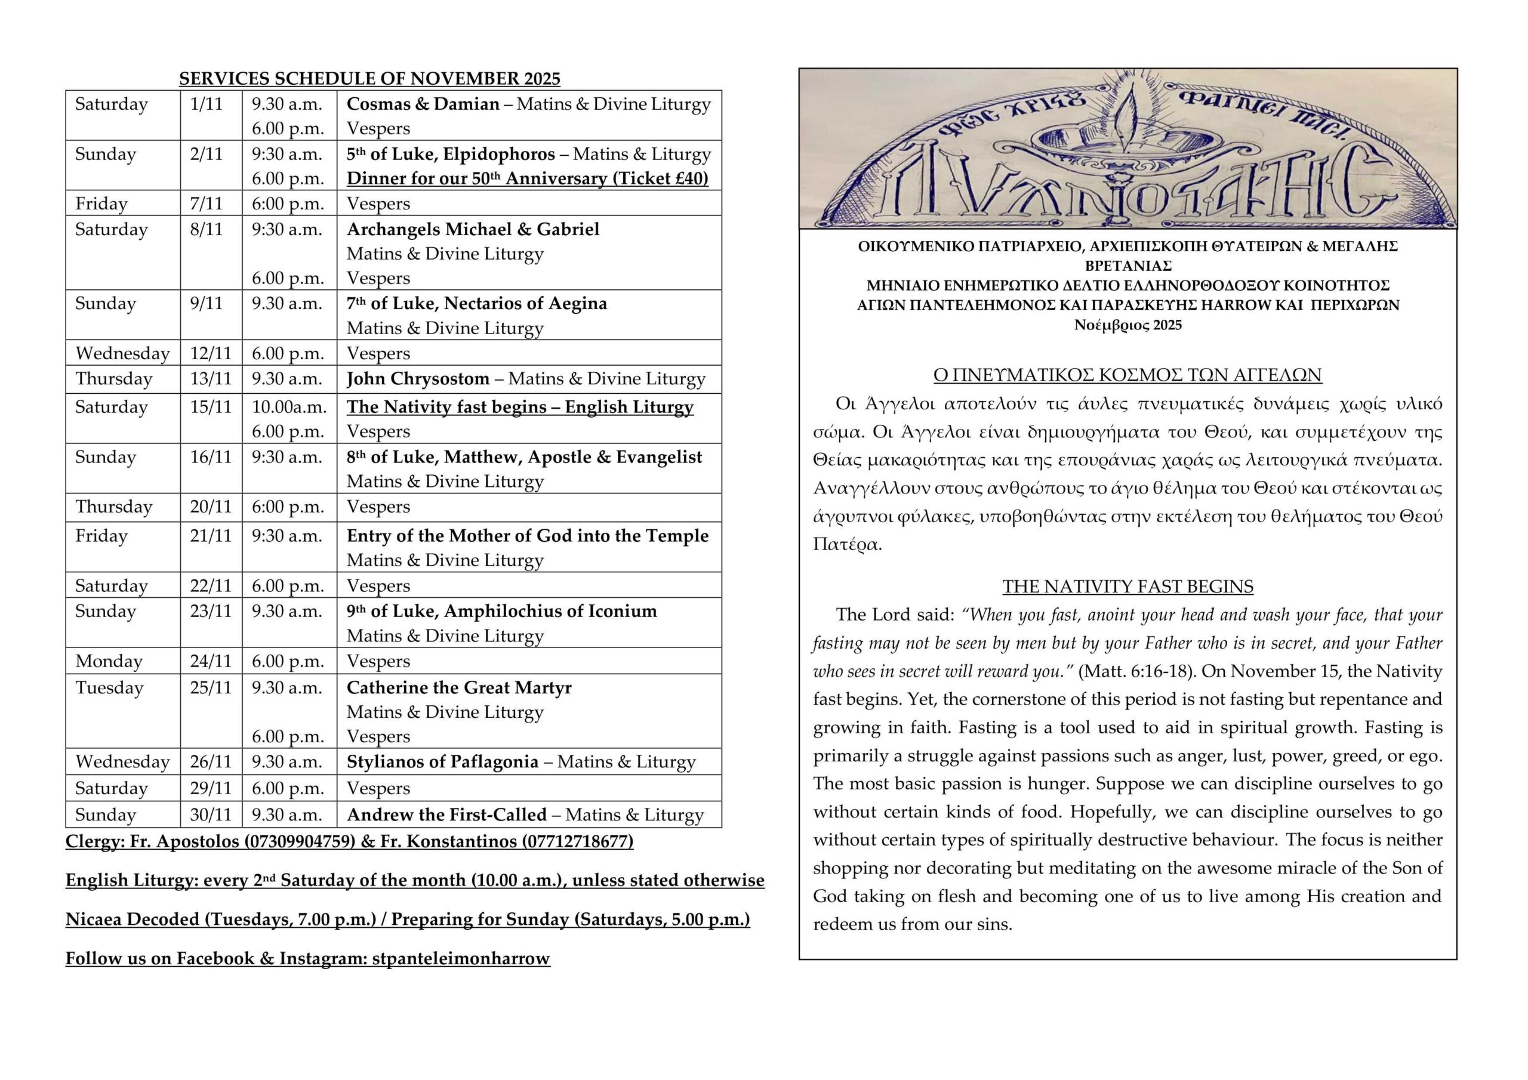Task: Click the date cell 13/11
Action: tap(211, 379)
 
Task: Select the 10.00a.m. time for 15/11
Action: tap(289, 406)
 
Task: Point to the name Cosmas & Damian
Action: tap(423, 104)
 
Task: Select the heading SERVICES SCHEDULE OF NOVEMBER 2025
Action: tap(369, 79)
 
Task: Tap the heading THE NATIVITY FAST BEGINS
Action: tap(1128, 587)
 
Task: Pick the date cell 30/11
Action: tap(211, 814)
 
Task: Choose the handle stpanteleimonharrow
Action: tap(461, 958)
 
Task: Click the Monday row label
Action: tap(109, 662)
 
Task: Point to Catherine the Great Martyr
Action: tap(459, 687)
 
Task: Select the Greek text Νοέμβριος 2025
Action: tap(1128, 325)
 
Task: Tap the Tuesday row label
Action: tap(109, 687)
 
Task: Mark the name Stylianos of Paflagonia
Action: tap(442, 762)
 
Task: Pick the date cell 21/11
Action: tap(211, 536)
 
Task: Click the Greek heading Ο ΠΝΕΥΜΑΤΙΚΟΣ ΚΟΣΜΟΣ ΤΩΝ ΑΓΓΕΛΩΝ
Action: tap(1128, 375)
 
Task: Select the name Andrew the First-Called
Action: tap(446, 814)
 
